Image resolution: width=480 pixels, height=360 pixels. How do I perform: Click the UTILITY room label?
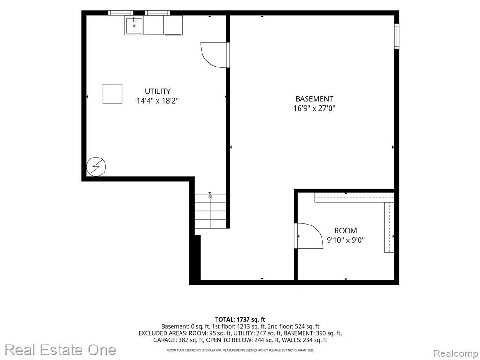pyautogui.click(x=157, y=91)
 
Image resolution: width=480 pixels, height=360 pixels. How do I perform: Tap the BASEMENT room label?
pyautogui.click(x=314, y=99)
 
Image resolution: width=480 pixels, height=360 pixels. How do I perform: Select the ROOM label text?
pyautogui.click(x=345, y=231)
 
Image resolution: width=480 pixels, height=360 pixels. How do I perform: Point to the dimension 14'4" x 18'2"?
pyautogui.click(x=157, y=101)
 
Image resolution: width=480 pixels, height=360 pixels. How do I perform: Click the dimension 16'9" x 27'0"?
pyautogui.click(x=315, y=108)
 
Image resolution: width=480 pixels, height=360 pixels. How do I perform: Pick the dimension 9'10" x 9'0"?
pyautogui.click(x=346, y=240)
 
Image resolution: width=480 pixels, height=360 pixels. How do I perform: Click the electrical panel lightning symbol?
pyautogui.click(x=96, y=167)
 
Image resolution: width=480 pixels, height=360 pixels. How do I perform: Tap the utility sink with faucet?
pyautogui.click(x=134, y=25)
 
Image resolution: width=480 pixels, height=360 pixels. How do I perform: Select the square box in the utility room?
pyautogui.click(x=112, y=94)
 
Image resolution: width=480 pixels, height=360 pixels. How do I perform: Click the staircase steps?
pyautogui.click(x=210, y=211)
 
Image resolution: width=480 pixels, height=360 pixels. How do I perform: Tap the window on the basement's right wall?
pyautogui.click(x=397, y=36)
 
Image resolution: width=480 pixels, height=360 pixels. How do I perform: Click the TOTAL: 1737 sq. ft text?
pyautogui.click(x=240, y=320)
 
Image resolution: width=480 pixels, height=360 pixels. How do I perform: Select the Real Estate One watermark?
pyautogui.click(x=60, y=350)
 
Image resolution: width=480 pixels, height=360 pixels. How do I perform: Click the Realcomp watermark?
pyautogui.click(x=456, y=353)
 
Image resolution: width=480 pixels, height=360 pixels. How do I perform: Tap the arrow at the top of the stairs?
pyautogui.click(x=210, y=195)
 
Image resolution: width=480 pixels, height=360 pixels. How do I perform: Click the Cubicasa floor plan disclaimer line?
pyautogui.click(x=240, y=350)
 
